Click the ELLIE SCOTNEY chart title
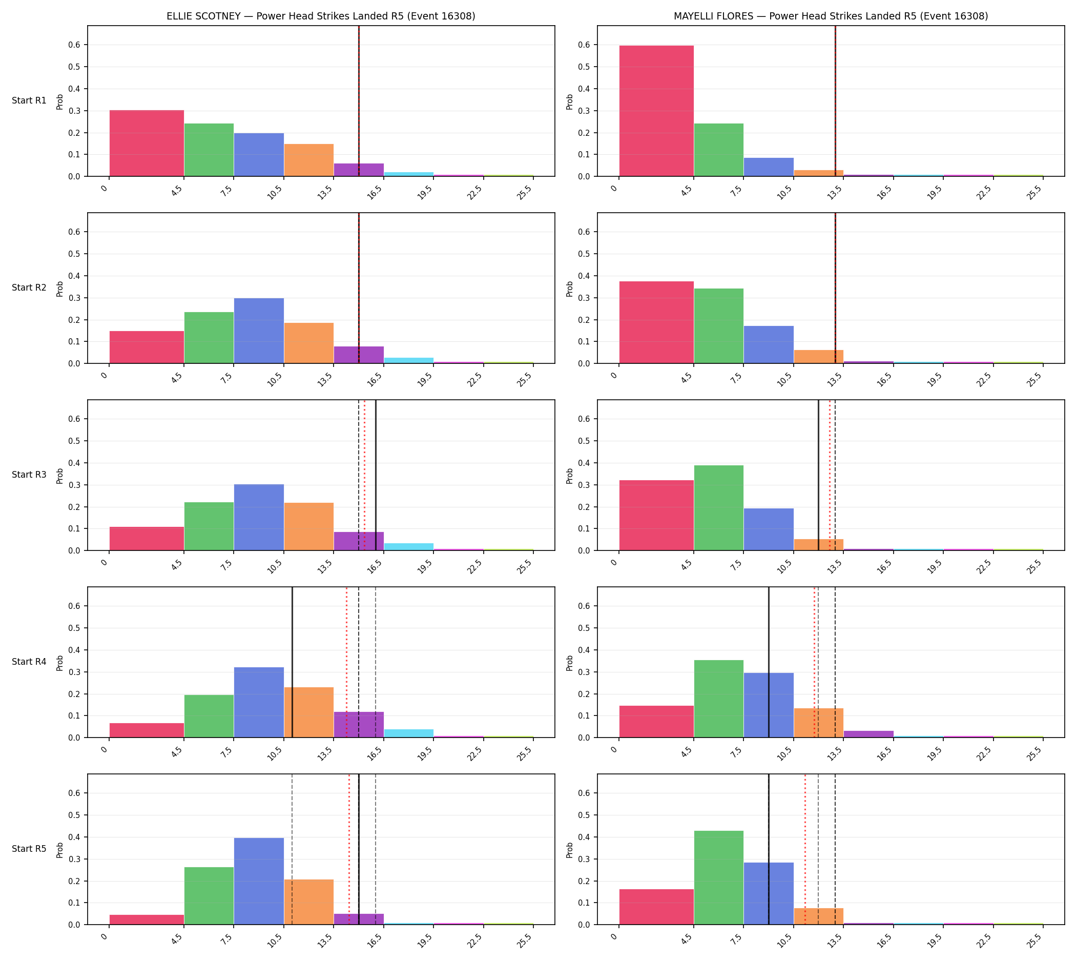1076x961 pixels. (321, 16)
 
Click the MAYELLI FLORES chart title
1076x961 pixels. (831, 16)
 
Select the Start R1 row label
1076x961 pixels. (29, 101)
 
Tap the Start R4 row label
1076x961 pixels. (29, 662)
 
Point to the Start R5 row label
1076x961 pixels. (29, 849)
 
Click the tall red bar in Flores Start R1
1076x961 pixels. (656, 111)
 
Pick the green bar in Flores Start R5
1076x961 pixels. (718, 877)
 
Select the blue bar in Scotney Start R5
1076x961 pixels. (259, 881)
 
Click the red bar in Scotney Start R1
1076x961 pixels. (147, 143)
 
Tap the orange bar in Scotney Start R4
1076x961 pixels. (309, 712)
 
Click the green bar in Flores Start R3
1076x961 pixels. (718, 508)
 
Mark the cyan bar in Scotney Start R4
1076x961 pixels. (409, 733)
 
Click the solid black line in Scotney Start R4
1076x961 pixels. (292, 662)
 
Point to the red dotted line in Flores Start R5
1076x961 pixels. (805, 850)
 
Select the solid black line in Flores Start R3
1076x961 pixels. (818, 475)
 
